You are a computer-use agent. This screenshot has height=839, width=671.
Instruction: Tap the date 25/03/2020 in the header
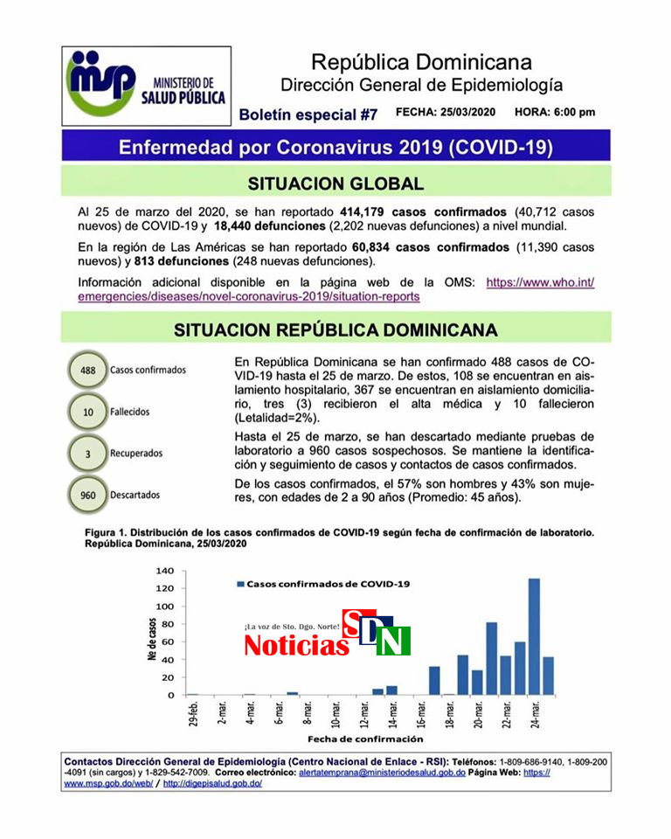point(469,113)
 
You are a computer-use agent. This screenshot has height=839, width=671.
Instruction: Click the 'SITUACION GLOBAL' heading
point(335,184)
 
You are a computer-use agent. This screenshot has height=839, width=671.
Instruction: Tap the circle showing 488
point(87,370)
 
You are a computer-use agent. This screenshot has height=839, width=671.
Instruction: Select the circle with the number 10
point(87,412)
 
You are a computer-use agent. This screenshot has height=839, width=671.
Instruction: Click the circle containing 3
point(87,454)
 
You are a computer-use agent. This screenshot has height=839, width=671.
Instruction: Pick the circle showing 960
point(87,496)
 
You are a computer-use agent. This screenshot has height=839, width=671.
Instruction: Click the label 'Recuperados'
point(136,454)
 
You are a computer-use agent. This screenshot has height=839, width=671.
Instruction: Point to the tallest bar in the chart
point(534,636)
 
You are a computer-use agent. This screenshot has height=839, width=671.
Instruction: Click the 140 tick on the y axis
point(165,571)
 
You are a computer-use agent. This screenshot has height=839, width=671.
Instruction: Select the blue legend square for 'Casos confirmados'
point(239,583)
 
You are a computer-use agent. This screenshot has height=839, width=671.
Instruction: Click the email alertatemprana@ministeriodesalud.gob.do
point(382,773)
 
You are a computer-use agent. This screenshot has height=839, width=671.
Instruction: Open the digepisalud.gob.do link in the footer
point(212,784)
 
